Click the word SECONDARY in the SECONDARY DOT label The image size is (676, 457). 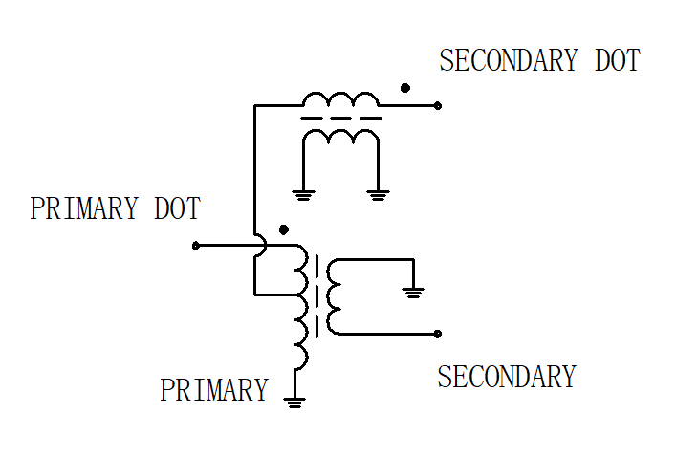coord(509,60)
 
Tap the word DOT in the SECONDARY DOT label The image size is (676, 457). coord(618,60)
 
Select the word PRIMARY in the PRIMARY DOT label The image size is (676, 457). coord(84,208)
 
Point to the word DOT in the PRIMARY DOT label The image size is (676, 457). coord(178,208)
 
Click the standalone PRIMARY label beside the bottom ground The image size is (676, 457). coord(214,390)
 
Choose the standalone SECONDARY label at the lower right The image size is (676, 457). coord(507,377)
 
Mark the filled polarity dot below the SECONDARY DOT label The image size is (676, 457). coord(404,88)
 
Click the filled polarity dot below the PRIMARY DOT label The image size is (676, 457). coord(284,229)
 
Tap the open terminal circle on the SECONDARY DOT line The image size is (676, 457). coord(438,105)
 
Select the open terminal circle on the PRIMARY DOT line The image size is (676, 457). coord(196,246)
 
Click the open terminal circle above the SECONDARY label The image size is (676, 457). coord(438,334)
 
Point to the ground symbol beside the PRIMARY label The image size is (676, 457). coord(294,403)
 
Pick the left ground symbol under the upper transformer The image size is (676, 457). coord(303,196)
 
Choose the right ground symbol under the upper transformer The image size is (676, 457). coord(378,196)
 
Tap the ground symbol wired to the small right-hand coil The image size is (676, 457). coord(413,294)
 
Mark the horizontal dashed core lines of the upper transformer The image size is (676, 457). coord(341,118)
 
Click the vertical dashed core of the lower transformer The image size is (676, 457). coord(317,296)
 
